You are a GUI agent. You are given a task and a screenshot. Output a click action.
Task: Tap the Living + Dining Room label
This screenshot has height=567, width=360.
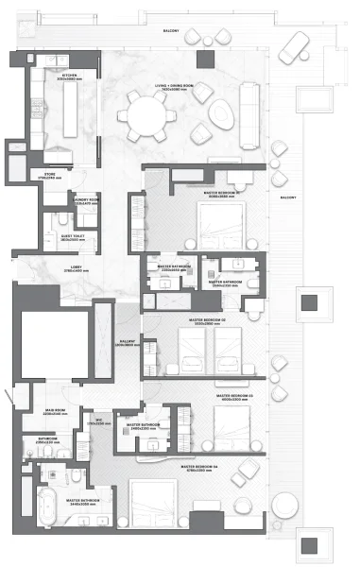point(174,87)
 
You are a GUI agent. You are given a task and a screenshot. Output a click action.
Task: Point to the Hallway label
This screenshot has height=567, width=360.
point(130,343)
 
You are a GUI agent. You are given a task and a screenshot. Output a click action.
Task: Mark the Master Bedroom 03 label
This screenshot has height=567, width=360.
point(235,398)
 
